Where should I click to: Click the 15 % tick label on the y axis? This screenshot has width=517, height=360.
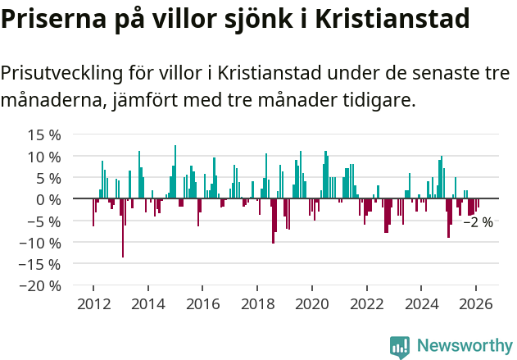click(x=44, y=134)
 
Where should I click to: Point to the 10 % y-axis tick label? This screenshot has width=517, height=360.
click(x=44, y=156)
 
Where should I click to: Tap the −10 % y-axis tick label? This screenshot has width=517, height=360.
click(x=39, y=243)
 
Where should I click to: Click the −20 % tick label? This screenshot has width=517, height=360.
click(x=39, y=286)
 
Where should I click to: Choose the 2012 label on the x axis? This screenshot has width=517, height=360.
click(x=93, y=303)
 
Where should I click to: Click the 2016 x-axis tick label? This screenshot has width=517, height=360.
click(x=202, y=303)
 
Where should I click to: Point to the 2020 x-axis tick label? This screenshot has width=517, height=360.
click(x=312, y=303)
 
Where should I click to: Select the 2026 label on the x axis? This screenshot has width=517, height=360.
click(x=476, y=303)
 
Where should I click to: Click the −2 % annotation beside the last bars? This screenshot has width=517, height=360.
click(x=478, y=222)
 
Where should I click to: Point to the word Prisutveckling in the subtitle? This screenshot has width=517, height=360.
click(x=61, y=72)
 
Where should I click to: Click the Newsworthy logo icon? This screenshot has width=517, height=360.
click(x=400, y=346)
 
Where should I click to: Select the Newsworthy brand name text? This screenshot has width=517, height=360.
click(x=464, y=346)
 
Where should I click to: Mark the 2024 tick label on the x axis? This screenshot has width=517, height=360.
click(x=421, y=303)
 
